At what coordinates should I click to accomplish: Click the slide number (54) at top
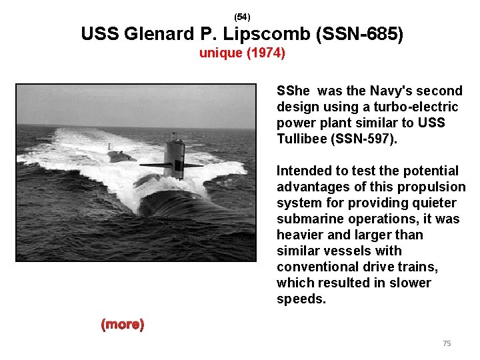(x=242, y=15)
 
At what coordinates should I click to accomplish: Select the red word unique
(x=221, y=53)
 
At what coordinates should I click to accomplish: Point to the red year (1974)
(x=266, y=53)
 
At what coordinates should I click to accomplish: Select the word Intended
(x=301, y=171)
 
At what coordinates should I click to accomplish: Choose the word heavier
(x=299, y=235)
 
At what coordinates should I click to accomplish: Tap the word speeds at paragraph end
(x=301, y=299)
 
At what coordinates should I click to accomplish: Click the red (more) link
(x=122, y=325)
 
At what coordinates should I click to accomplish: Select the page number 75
(x=447, y=343)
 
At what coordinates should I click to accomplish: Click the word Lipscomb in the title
(x=261, y=33)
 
